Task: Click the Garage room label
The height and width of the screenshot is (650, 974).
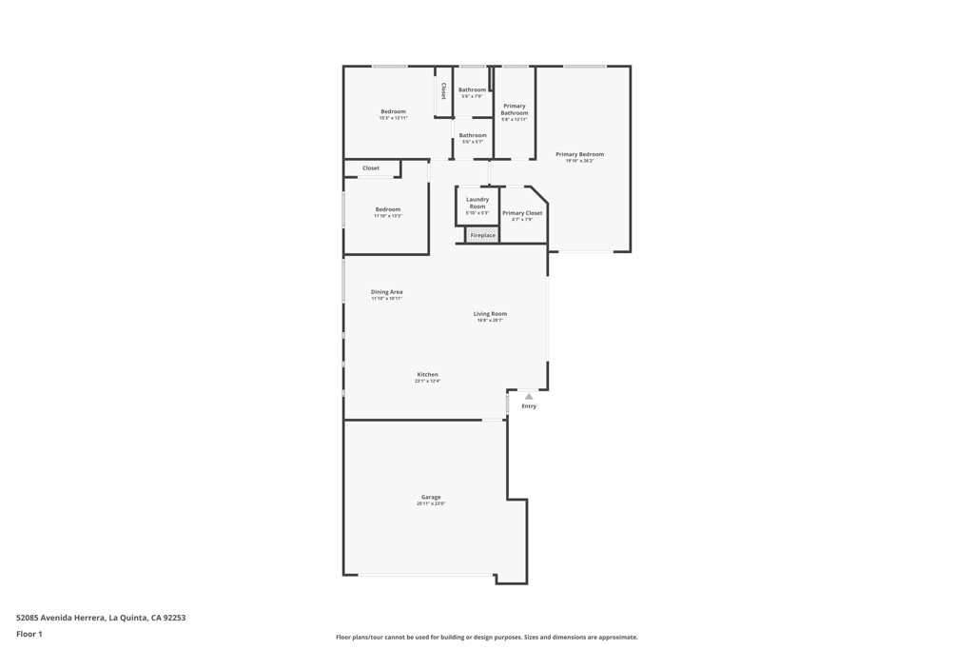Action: [431, 497]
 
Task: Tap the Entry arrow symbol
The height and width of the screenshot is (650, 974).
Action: [529, 397]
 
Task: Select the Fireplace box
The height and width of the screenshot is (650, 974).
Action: [482, 235]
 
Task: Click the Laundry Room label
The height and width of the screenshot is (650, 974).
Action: [477, 203]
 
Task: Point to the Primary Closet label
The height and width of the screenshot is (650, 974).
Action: [522, 213]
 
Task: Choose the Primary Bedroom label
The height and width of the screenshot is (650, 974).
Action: [579, 154]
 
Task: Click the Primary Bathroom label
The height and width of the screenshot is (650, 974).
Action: [515, 109]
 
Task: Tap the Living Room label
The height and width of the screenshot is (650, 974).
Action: [490, 313]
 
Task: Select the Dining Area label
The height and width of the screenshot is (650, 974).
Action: [386, 292]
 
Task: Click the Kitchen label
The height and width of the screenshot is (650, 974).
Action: [427, 374]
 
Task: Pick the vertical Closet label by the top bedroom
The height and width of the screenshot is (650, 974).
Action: [443, 91]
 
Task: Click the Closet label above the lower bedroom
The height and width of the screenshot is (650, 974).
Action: [371, 168]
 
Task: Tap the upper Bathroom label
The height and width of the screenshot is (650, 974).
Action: [472, 89]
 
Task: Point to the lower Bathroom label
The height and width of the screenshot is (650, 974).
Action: [473, 135]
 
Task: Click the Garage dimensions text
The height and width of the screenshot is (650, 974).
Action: [431, 503]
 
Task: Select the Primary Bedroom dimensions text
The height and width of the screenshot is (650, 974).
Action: [579, 161]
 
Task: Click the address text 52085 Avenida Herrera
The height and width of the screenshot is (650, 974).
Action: [101, 618]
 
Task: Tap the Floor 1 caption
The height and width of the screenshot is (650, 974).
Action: [29, 634]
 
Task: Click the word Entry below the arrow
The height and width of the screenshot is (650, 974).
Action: [529, 406]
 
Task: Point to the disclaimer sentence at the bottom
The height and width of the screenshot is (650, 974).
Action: [486, 638]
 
